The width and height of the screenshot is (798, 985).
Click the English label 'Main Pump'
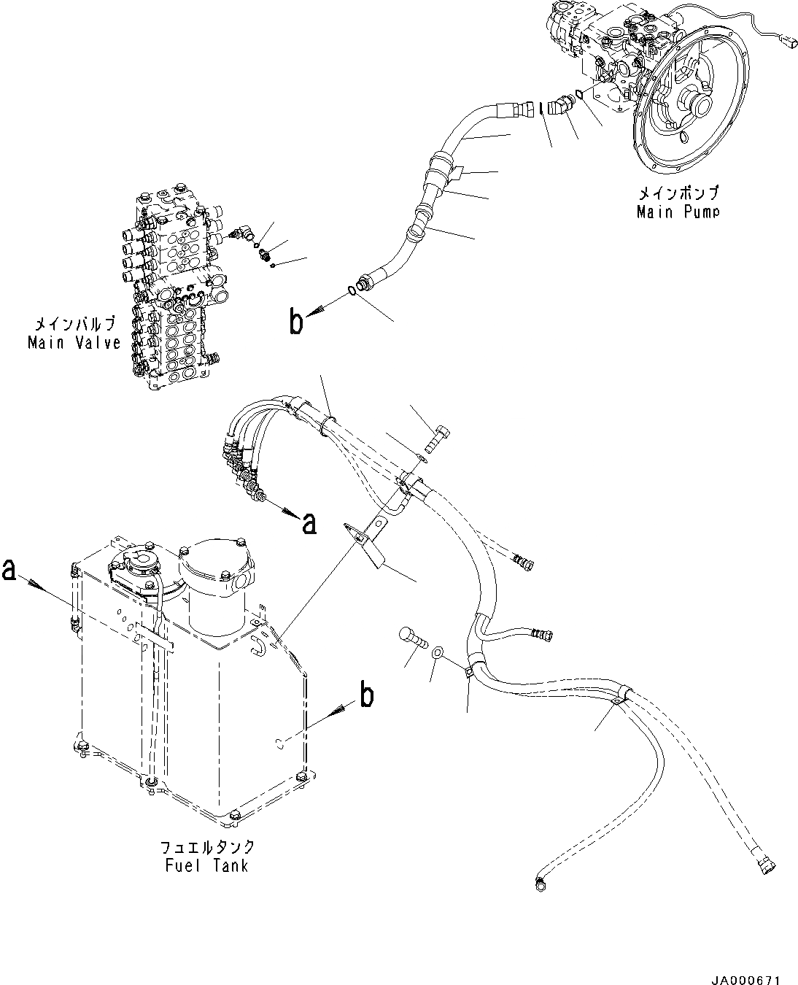point(678,212)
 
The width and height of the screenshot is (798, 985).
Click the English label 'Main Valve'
point(74,342)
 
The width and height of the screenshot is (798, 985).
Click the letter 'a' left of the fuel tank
point(10,569)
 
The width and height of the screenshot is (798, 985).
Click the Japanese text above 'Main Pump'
point(678,193)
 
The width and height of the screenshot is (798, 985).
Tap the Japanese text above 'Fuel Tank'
point(208,847)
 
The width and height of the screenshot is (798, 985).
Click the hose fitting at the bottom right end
point(768,867)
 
